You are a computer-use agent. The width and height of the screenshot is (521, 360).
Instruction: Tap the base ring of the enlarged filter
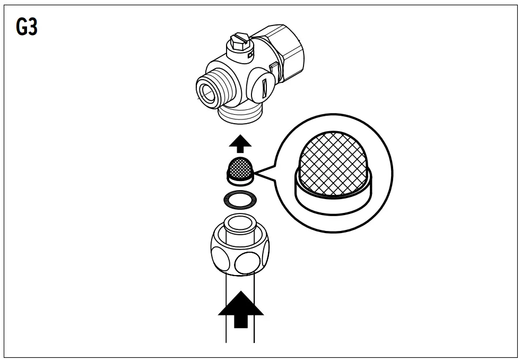[x=335, y=199]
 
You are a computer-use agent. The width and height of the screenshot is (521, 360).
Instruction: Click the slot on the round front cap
[x=264, y=85]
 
